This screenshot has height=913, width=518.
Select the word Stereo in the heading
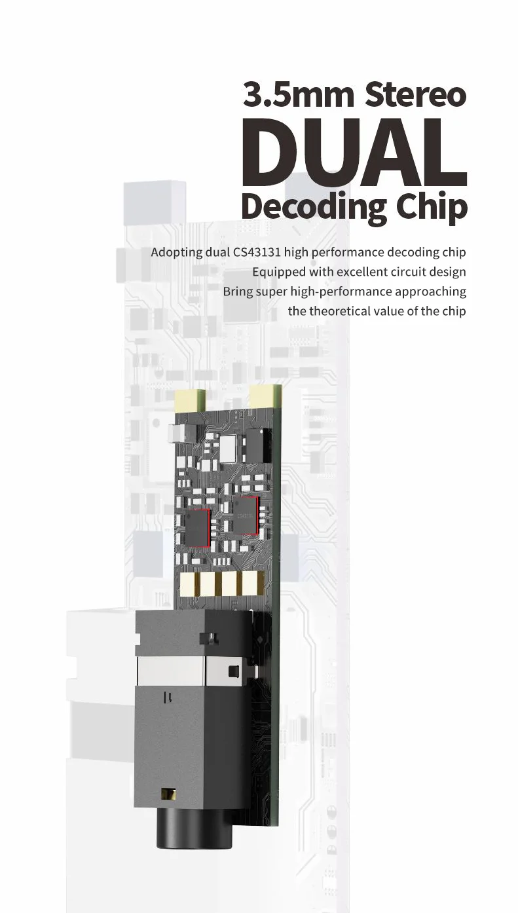415,94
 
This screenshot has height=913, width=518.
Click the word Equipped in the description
276,271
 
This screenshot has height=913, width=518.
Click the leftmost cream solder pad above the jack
190,583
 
